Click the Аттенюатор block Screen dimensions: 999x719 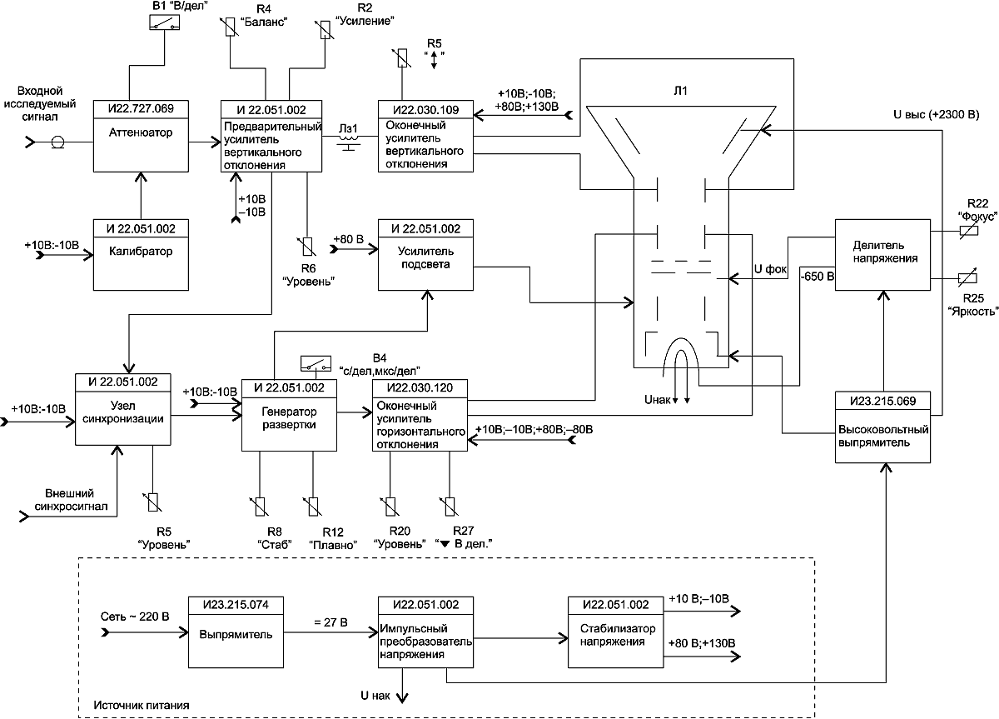click(141, 136)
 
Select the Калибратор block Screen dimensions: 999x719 click(141, 255)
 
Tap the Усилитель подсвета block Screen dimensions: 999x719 click(425, 255)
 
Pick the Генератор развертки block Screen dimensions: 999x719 click(289, 415)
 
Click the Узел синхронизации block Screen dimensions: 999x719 click(123, 409)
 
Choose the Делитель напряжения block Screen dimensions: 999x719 click(882, 255)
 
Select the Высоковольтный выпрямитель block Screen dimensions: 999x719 click(882, 427)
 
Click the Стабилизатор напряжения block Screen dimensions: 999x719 click(615, 632)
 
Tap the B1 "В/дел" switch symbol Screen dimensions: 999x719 click(165, 22)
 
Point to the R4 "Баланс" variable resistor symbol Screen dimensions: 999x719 click(230, 27)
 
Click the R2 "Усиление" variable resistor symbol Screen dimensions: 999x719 click(326, 29)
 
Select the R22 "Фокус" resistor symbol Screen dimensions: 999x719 click(969, 231)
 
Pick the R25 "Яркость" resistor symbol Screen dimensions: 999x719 click(967, 277)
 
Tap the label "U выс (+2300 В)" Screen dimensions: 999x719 click(936, 115)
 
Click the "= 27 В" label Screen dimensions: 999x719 click(331, 622)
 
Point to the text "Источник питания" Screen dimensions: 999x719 click(142, 705)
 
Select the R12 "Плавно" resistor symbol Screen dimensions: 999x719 click(313, 507)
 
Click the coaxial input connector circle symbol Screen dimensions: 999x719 click(58, 142)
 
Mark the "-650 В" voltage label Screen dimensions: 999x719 click(817, 277)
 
